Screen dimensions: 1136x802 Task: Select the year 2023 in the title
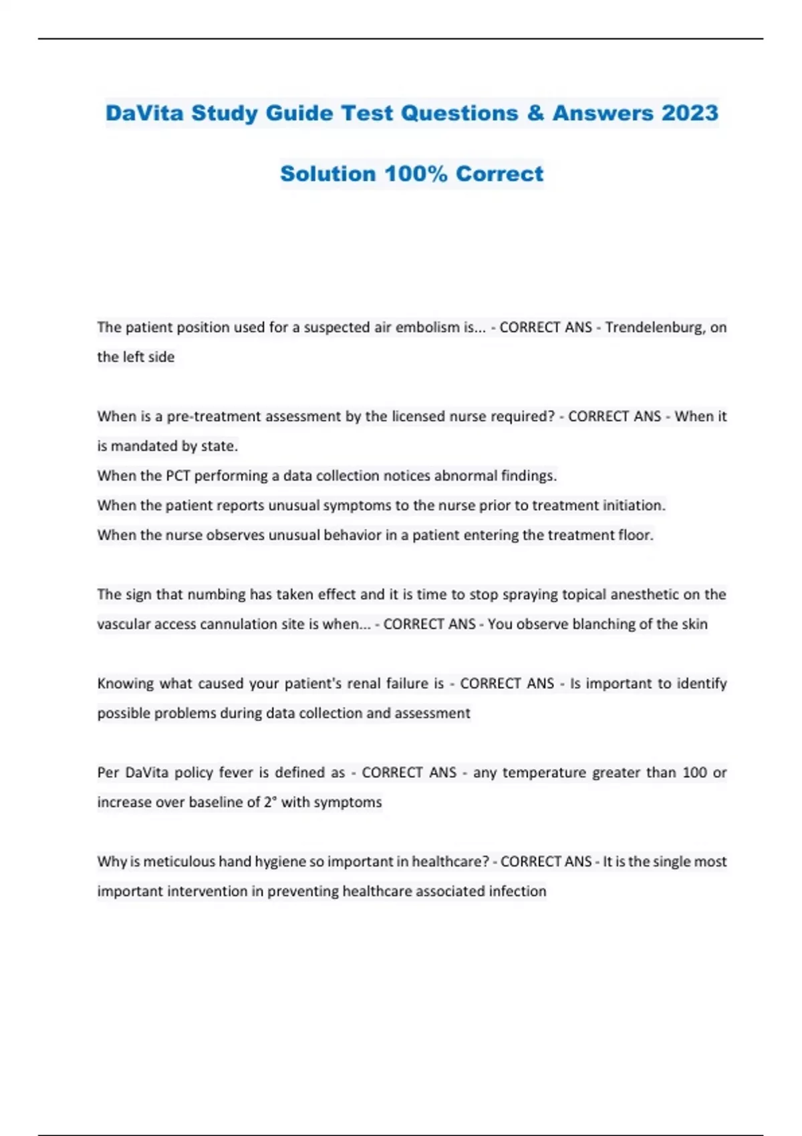(690, 113)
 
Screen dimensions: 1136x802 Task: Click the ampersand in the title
(535, 113)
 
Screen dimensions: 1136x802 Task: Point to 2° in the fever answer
(270, 802)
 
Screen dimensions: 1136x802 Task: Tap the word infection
(517, 891)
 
